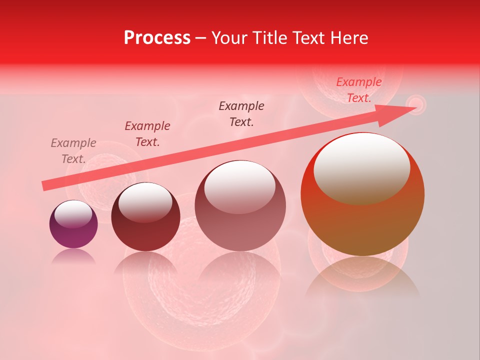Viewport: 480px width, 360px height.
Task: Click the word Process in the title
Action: click(x=157, y=38)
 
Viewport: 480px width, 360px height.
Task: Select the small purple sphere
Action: click(x=73, y=232)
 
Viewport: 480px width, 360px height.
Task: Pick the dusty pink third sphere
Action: click(x=240, y=225)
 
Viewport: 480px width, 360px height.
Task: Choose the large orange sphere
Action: click(x=362, y=220)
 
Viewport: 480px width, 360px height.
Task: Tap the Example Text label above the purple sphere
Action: click(x=73, y=151)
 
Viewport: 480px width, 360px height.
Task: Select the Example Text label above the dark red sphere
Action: click(x=147, y=134)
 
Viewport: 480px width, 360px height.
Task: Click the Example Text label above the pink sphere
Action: click(x=241, y=114)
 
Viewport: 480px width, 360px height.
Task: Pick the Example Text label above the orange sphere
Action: click(x=359, y=90)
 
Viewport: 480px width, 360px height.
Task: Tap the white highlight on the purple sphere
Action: click(x=73, y=214)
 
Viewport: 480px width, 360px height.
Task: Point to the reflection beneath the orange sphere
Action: click(x=362, y=275)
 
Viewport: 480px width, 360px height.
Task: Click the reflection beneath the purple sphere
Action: click(x=73, y=256)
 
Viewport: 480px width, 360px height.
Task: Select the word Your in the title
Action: click(x=229, y=38)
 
